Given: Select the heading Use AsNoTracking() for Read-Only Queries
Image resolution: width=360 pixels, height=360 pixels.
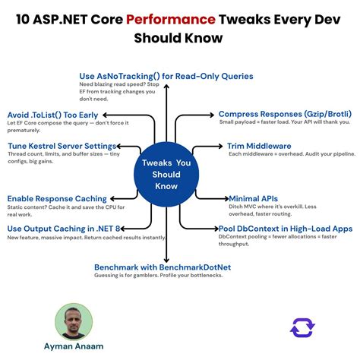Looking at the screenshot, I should pyautogui.click(x=166, y=76).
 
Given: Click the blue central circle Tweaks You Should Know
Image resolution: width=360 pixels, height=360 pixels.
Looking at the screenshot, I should pyautogui.click(x=166, y=174).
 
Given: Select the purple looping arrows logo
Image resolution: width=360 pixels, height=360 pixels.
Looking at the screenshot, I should pyautogui.click(x=302, y=327).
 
